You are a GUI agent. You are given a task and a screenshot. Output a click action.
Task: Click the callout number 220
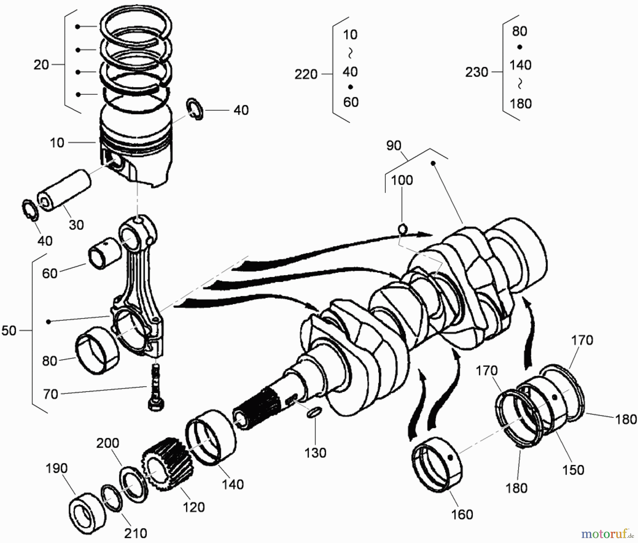click(306, 74)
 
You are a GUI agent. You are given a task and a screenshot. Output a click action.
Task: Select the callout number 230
click(477, 72)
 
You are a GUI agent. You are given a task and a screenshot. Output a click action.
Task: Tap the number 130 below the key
click(315, 453)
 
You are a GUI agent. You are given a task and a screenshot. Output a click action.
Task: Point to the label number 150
click(573, 470)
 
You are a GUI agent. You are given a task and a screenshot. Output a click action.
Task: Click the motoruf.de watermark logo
click(606, 533)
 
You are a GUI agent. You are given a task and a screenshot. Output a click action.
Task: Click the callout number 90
click(393, 146)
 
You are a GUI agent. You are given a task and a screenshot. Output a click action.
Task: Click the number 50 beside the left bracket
click(9, 331)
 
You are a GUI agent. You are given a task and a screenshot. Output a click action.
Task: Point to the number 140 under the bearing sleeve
click(233, 484)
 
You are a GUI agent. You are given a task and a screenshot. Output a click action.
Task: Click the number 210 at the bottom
click(136, 533)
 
